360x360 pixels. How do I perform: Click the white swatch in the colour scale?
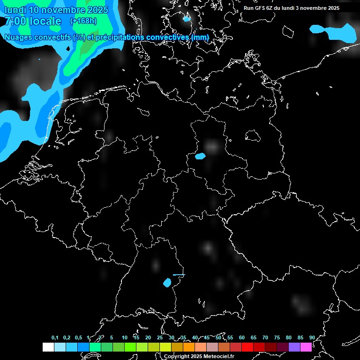pyautogui.click(x=48, y=347)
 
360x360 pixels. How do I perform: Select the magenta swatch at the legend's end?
pyautogui.click(x=306, y=347)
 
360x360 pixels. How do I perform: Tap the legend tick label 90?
pyautogui.click(x=312, y=337)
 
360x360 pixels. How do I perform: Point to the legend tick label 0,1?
pyautogui.click(x=55, y=337)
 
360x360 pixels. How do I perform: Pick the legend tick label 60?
pyautogui.click(x=241, y=337)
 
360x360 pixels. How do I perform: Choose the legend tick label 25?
pyautogui.click(x=159, y=337)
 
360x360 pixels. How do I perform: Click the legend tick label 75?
pyautogui.click(x=277, y=337)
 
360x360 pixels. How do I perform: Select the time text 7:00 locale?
pyautogui.click(x=33, y=21)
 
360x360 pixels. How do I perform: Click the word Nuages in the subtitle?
pyautogui.click(x=19, y=37)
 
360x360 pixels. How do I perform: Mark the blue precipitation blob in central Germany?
pyautogui.click(x=200, y=156)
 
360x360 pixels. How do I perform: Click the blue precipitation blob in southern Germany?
pyautogui.click(x=167, y=282)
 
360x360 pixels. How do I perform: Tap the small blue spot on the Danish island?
pyautogui.click(x=187, y=19)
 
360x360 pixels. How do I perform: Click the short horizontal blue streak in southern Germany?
pyautogui.click(x=179, y=275)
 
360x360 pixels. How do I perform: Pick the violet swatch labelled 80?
pyautogui.click(x=294, y=347)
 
